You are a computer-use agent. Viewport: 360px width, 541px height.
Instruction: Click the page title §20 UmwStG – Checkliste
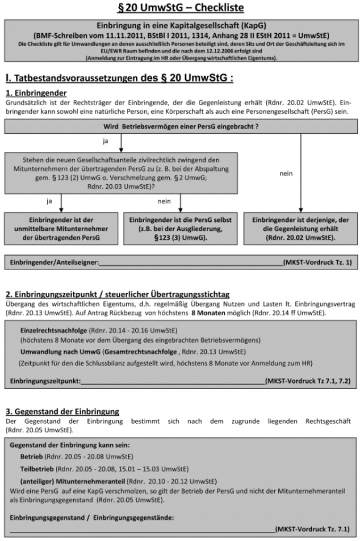coord(181,9)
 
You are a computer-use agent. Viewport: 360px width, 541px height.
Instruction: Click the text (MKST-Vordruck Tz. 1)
coord(318,262)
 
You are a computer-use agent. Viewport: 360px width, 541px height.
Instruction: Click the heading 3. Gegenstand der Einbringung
coord(61,411)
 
